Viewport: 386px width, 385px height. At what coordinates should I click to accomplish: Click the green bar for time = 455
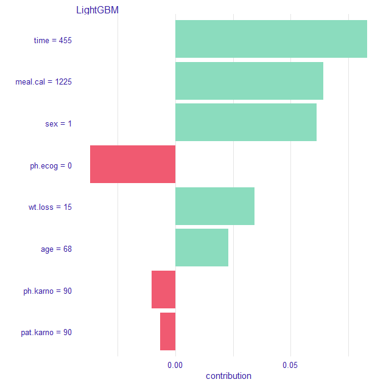[271, 39]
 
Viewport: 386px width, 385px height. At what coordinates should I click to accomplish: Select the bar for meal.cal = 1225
[249, 81]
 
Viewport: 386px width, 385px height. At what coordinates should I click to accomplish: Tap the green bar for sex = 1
[246, 122]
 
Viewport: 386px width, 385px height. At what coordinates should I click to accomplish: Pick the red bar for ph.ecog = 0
[133, 164]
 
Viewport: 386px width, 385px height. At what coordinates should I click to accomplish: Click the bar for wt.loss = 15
[215, 206]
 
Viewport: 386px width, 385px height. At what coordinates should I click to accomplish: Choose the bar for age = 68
[202, 248]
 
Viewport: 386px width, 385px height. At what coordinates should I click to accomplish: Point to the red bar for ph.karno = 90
[163, 290]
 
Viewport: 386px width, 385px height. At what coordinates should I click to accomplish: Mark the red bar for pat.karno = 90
[167, 331]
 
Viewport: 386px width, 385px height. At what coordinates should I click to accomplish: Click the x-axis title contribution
[228, 376]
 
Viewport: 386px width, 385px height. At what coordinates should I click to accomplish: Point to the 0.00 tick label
[175, 366]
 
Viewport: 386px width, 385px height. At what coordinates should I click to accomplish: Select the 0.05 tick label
[290, 366]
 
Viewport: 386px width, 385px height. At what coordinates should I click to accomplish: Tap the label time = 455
[53, 41]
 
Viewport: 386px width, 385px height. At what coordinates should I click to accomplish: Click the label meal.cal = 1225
[44, 82]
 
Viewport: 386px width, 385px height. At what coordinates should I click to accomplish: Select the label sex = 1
[58, 124]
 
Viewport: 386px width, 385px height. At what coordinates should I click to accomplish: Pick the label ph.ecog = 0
[51, 165]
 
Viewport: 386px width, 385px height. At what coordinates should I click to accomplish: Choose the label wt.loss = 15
[51, 207]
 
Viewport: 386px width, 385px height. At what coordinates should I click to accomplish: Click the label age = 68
[56, 249]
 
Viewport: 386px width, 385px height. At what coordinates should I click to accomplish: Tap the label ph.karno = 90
[47, 291]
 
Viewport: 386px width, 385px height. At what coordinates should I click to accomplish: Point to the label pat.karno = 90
[46, 333]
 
